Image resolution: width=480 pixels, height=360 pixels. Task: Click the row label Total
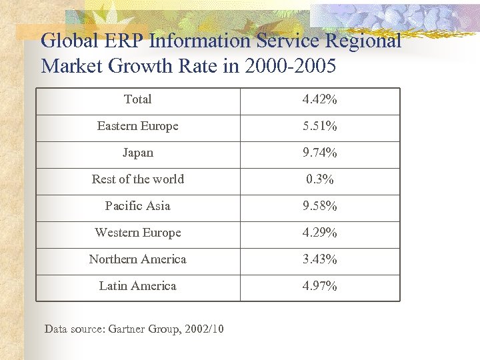137,99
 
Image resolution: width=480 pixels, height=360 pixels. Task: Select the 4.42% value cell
319,99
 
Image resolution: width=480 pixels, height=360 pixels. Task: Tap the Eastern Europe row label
137,126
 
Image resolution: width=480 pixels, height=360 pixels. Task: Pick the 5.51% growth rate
319,126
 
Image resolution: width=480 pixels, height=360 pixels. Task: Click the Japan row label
137,153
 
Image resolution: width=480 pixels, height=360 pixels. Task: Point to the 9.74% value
319,153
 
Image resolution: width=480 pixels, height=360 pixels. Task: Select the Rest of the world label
137,179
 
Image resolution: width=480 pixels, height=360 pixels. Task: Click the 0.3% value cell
319,179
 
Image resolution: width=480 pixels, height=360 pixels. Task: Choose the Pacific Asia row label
137,206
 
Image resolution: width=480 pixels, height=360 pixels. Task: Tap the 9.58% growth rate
319,206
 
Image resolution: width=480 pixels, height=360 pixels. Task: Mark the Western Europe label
137,233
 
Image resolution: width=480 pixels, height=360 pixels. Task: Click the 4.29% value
319,233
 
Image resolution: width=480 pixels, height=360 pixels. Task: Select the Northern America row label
137,259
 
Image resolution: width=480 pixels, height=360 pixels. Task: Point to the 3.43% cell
319,259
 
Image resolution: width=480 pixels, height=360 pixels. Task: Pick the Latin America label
137,286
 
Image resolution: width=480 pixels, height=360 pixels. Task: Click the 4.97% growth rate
319,286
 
